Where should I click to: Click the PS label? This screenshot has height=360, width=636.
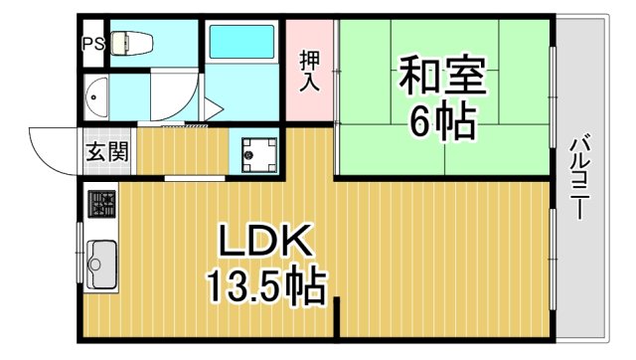pos(91,44)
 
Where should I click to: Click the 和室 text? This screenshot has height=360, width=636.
pos(442,76)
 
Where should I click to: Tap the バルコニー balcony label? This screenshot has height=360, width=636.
pos(580,179)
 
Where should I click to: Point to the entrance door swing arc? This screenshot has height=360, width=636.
pos(50,149)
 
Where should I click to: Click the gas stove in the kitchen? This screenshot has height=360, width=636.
pos(101,205)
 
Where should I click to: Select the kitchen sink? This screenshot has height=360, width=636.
pos(101,263)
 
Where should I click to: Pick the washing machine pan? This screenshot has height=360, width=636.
pos(257,153)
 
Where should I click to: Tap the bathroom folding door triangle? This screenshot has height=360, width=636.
pos(212,107)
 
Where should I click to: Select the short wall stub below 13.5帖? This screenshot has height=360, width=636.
pos(338,316)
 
